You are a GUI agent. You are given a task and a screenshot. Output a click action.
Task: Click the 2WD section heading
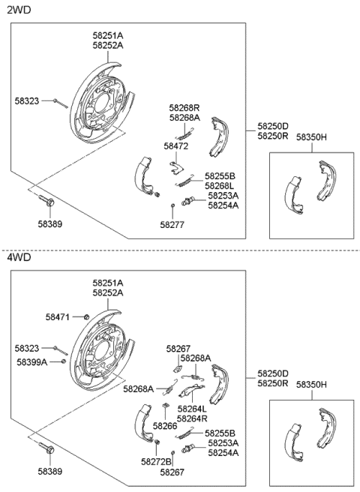click(x=20, y=11)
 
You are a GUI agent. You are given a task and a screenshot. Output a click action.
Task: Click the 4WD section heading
click(x=20, y=257)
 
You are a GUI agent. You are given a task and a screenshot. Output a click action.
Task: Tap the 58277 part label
click(x=172, y=223)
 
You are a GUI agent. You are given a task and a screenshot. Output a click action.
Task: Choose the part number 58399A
click(x=31, y=361)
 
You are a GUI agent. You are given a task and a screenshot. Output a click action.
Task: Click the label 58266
click(x=165, y=425)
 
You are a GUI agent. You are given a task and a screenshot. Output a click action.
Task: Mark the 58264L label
click(x=192, y=409)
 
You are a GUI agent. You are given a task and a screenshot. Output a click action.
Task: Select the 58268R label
click(x=184, y=107)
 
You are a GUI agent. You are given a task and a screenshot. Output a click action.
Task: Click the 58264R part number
click(x=192, y=418)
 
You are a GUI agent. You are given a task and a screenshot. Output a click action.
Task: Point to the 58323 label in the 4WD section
click(x=28, y=348)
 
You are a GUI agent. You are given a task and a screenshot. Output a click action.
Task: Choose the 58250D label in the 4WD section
click(x=273, y=373)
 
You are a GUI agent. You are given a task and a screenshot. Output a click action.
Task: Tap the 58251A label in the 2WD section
click(x=108, y=35)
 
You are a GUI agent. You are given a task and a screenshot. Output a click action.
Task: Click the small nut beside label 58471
click(x=86, y=318)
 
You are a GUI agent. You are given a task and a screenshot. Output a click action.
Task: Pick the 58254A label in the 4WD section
click(x=223, y=452)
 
